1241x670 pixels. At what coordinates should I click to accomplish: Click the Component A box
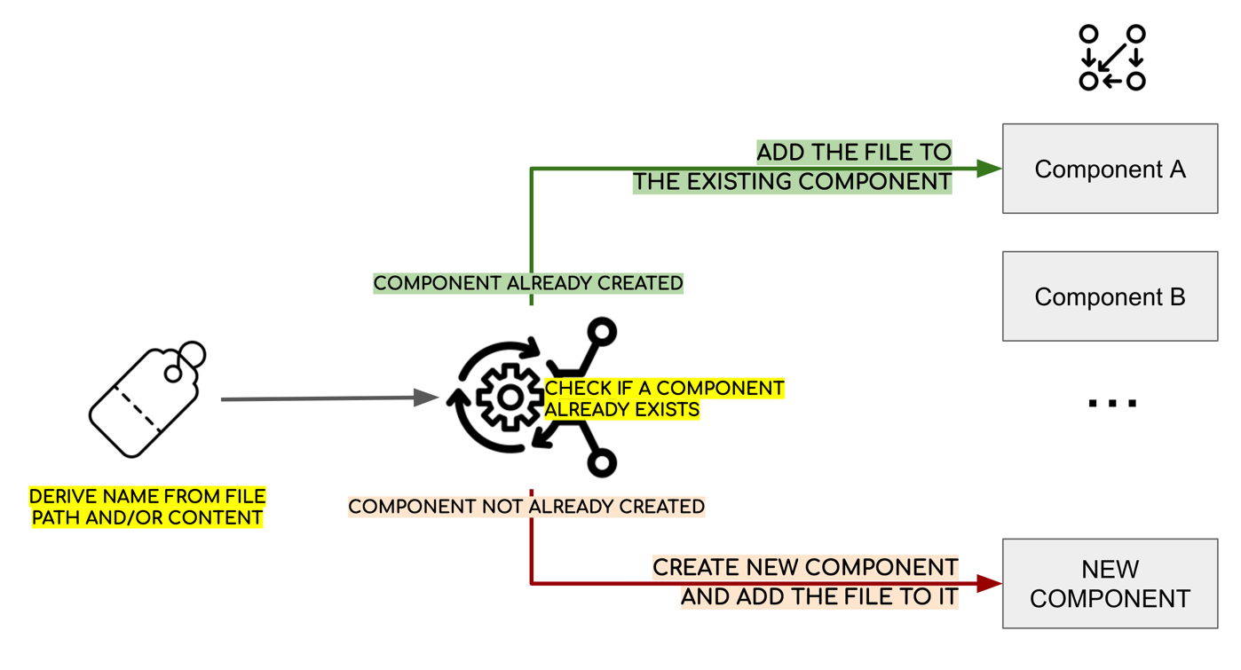pos(1110,169)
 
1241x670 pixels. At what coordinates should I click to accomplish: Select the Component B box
pos(1110,296)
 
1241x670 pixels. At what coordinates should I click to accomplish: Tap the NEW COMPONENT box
pos(1110,584)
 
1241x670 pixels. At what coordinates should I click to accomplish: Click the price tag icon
pos(147,399)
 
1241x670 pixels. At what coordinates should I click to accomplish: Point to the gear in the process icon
pos(510,397)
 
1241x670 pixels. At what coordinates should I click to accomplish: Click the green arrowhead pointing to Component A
pos(989,169)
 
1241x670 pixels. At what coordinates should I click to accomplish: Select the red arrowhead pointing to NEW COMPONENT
pos(989,584)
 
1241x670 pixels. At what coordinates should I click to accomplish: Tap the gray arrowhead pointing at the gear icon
pos(426,397)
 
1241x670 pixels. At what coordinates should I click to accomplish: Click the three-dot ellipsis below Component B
pos(1112,403)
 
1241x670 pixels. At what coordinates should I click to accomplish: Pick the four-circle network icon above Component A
pos(1112,58)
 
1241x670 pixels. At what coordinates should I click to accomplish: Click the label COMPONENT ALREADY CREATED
pos(528,283)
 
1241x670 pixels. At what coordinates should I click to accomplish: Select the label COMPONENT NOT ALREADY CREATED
pos(526,507)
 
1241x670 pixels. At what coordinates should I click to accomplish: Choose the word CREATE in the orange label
pos(697,568)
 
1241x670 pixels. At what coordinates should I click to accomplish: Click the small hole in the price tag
pos(173,374)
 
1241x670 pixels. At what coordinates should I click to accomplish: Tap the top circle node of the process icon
pos(602,332)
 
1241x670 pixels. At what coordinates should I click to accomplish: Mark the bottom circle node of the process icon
pos(602,462)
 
